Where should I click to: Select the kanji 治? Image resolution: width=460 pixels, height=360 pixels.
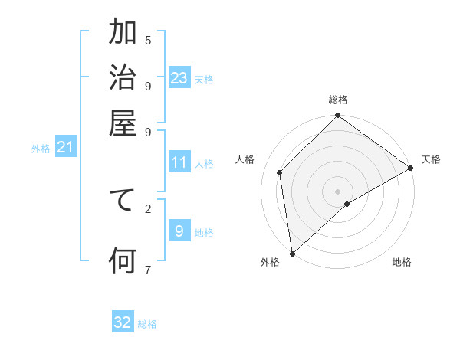pyautogui.click(x=123, y=80)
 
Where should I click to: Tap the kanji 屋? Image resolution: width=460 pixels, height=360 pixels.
pyautogui.click(x=123, y=124)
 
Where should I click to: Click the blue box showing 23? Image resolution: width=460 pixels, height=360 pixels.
pyautogui.click(x=179, y=78)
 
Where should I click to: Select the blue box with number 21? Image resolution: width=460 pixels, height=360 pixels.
pyautogui.click(x=64, y=146)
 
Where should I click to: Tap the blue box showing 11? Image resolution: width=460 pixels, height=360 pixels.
pyautogui.click(x=179, y=162)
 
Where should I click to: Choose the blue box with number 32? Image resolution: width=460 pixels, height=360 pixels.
pyautogui.click(x=123, y=322)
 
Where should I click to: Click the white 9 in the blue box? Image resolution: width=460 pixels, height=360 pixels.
pyautogui.click(x=179, y=231)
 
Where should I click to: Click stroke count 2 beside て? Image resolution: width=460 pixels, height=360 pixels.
pyautogui.click(x=148, y=208)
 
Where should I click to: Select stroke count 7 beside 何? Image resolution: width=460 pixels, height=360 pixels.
pyautogui.click(x=148, y=269)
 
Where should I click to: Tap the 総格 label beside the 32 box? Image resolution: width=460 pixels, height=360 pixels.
pyautogui.click(x=148, y=325)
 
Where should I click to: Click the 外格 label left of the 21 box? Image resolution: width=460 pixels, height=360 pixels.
pyautogui.click(x=41, y=149)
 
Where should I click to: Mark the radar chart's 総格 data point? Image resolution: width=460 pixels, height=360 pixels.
pyautogui.click(x=337, y=116)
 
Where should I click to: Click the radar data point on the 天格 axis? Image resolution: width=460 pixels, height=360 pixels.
pyautogui.click(x=410, y=169)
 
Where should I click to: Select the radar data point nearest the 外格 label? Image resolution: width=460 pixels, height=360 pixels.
pyautogui.click(x=292, y=253)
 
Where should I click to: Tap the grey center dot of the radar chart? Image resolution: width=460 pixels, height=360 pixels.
pyautogui.click(x=337, y=191)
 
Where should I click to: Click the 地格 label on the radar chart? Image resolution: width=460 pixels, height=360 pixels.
pyautogui.click(x=402, y=263)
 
